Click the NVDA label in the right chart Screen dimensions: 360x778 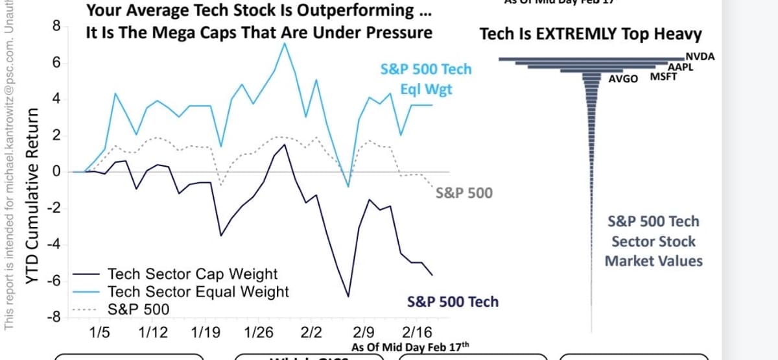click(700, 56)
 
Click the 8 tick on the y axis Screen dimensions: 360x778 click(56, 27)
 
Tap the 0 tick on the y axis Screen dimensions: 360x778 click(57, 172)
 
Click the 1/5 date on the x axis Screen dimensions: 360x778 click(99, 333)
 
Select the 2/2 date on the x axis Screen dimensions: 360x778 click(312, 333)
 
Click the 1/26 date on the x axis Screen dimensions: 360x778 click(259, 333)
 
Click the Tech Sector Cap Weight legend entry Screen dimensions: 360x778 click(192, 274)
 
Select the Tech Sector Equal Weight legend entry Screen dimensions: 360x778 click(198, 292)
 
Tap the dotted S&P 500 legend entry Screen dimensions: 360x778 click(138, 309)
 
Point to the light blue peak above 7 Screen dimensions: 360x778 click(285, 43)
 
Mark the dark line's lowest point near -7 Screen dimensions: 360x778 click(348, 296)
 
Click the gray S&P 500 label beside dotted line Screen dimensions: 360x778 click(464, 193)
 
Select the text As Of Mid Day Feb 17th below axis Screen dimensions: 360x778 click(409, 347)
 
